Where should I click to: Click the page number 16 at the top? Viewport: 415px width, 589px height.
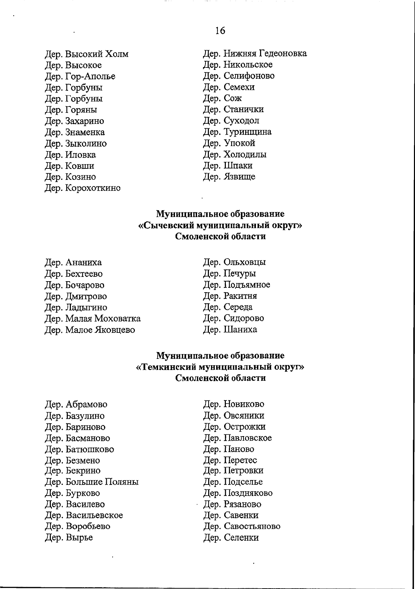pyautogui.click(x=220, y=31)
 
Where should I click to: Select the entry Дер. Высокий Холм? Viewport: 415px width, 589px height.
pyautogui.click(x=87, y=54)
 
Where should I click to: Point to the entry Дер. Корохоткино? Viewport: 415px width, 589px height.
pyautogui.click(x=83, y=188)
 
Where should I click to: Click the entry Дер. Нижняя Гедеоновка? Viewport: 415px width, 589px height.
pyautogui.click(x=255, y=54)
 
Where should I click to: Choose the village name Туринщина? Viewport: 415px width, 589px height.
pyautogui.click(x=247, y=132)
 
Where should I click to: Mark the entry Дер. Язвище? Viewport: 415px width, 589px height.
pyautogui.click(x=229, y=177)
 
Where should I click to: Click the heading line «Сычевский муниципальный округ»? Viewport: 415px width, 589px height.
pyautogui.click(x=220, y=226)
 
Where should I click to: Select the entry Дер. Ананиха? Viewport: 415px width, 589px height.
pyautogui.click(x=73, y=263)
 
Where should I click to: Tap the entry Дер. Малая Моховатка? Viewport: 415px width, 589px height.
pyautogui.click(x=93, y=319)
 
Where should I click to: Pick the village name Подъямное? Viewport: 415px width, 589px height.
pyautogui.click(x=247, y=285)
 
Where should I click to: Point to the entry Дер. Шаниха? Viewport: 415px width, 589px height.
pyautogui.click(x=230, y=330)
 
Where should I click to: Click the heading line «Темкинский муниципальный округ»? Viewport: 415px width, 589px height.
pyautogui.click(x=220, y=367)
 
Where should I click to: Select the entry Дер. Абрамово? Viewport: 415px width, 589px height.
pyautogui.click(x=76, y=405)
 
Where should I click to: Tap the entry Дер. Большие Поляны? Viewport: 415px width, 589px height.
pyautogui.click(x=92, y=482)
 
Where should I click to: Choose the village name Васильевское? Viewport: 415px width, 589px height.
pyautogui.click(x=94, y=515)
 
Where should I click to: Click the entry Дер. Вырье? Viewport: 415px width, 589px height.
pyautogui.click(x=69, y=538)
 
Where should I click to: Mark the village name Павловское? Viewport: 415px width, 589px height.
pyautogui.click(x=248, y=438)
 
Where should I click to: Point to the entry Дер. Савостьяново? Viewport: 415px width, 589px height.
pyautogui.click(x=241, y=527)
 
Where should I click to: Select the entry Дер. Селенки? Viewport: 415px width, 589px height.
pyautogui.click(x=231, y=538)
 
